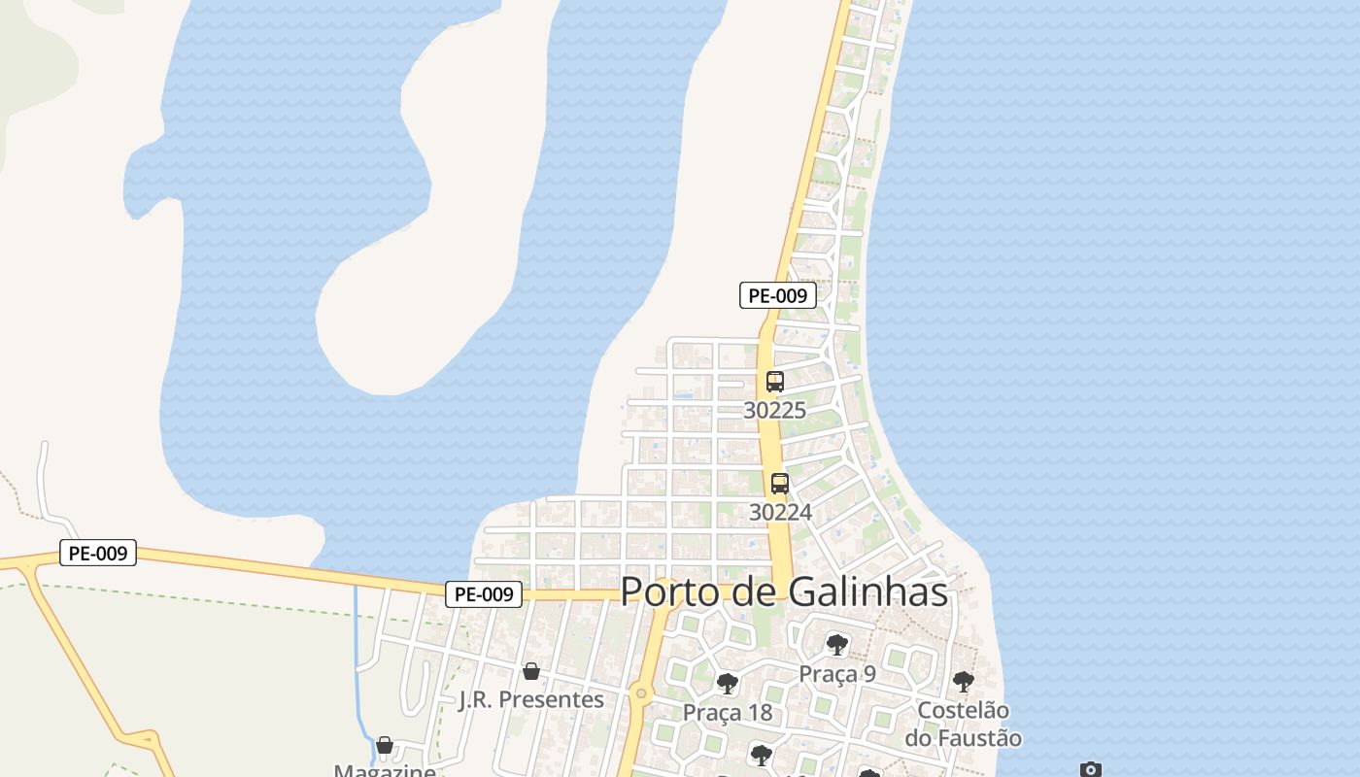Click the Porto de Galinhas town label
click(784, 591)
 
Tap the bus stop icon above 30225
click(774, 382)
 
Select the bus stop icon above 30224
click(779, 484)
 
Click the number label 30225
click(774, 411)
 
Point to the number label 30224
click(779, 512)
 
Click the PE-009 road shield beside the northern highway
click(777, 295)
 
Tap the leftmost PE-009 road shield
click(97, 554)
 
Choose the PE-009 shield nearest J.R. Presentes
click(483, 594)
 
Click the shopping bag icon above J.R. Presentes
click(530, 671)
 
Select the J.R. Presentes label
click(530, 699)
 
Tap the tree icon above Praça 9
click(836, 645)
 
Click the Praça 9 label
click(836, 674)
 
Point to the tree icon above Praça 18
click(727, 684)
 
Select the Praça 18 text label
click(727, 713)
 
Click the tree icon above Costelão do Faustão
click(963, 682)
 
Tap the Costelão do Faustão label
click(963, 725)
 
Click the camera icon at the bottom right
click(1091, 769)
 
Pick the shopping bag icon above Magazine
click(385, 746)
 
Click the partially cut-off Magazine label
click(385, 771)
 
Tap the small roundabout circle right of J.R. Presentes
click(639, 693)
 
